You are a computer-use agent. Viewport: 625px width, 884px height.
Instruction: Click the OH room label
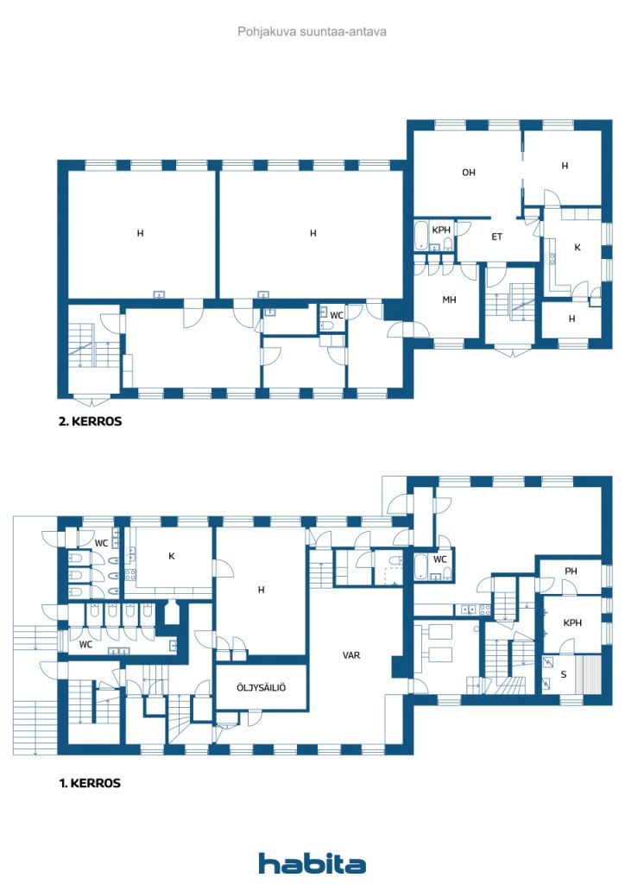pyautogui.click(x=469, y=173)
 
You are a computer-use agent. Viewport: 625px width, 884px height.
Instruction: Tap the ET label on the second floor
pyautogui.click(x=496, y=237)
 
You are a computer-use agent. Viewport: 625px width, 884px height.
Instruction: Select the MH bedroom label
pyautogui.click(x=449, y=300)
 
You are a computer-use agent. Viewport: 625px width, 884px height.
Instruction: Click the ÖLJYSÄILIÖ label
pyautogui.click(x=261, y=687)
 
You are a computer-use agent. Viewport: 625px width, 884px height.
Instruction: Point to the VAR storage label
pyautogui.click(x=351, y=655)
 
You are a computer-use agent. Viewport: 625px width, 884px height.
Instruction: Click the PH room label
pyautogui.click(x=571, y=571)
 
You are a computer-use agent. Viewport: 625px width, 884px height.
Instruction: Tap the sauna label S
pyautogui.click(x=564, y=674)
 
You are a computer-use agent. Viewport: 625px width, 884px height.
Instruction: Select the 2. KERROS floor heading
pyautogui.click(x=90, y=421)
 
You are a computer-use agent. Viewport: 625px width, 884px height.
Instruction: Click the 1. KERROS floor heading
pyautogui.click(x=90, y=783)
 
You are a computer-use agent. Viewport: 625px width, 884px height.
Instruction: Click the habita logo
pyautogui.click(x=312, y=863)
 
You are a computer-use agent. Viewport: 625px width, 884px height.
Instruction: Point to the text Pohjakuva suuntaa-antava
pyautogui.click(x=312, y=32)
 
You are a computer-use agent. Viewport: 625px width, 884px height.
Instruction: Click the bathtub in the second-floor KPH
pyautogui.click(x=420, y=236)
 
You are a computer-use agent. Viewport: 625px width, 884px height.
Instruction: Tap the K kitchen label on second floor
pyautogui.click(x=578, y=247)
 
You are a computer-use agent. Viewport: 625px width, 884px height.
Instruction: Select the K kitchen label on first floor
pyautogui.click(x=171, y=556)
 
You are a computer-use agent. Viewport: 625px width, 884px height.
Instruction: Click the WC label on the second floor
pyautogui.click(x=337, y=315)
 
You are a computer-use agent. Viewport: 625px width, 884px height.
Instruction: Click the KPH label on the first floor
pyautogui.click(x=572, y=623)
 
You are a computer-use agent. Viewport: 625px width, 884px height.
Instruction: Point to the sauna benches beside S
pyautogui.click(x=591, y=674)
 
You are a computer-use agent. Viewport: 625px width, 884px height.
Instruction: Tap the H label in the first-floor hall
pyautogui.click(x=261, y=590)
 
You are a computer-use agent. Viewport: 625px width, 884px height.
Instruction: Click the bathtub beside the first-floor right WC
pyautogui.click(x=420, y=567)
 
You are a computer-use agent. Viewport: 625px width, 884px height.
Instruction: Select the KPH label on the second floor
pyautogui.click(x=441, y=230)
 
